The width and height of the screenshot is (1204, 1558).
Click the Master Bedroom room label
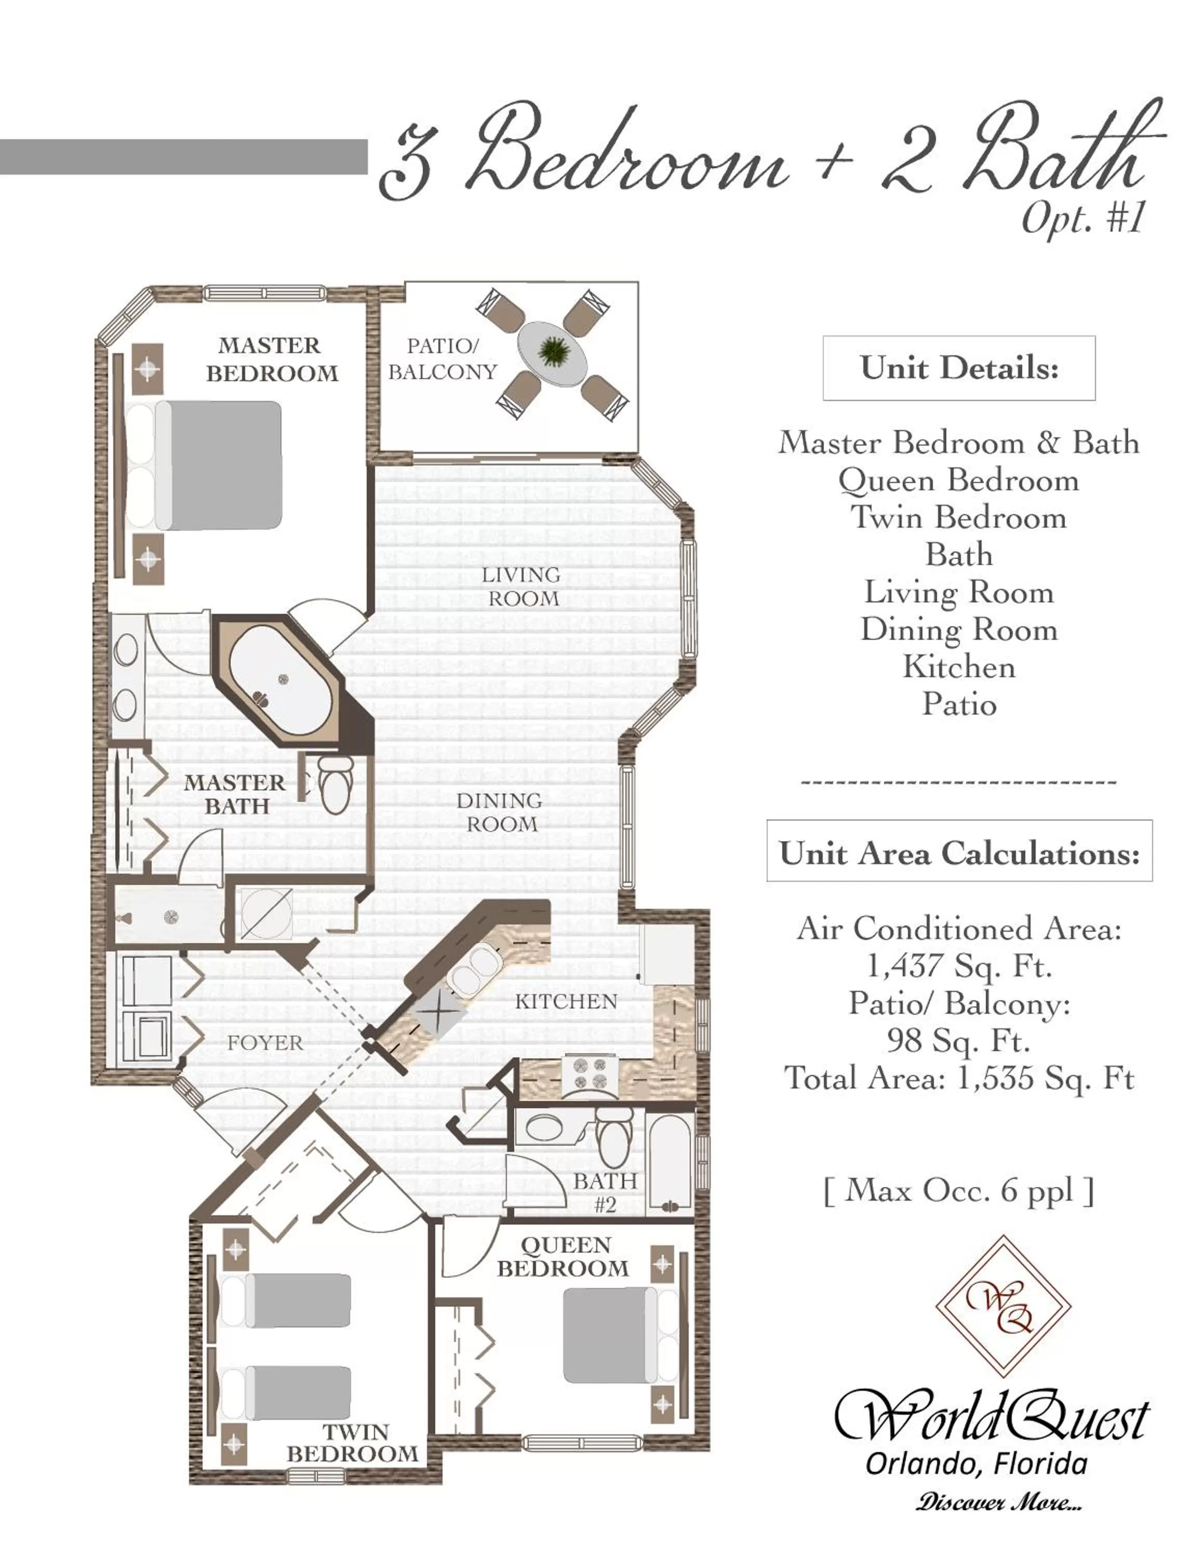pos(271,359)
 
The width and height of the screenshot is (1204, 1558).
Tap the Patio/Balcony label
pos(442,359)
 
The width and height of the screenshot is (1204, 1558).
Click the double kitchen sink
pos(474,968)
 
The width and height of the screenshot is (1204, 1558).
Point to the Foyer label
pos(265,1043)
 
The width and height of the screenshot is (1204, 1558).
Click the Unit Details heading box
pos(959,368)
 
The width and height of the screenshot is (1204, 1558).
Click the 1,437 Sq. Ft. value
pos(959,966)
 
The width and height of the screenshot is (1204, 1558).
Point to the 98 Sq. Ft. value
pos(959,1041)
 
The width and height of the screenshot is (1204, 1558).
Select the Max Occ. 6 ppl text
pos(959,1190)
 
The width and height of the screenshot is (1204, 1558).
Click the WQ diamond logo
pos(1003,1306)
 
